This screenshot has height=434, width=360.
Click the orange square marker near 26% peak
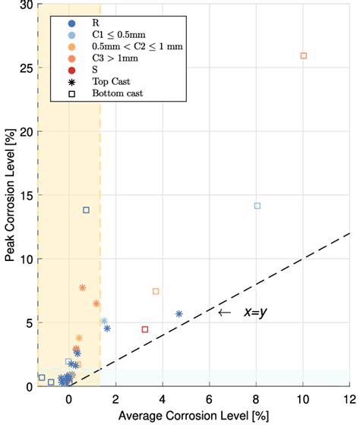click(304, 55)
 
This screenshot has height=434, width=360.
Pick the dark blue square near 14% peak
click(86, 210)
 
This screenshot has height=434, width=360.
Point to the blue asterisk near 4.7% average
click(179, 313)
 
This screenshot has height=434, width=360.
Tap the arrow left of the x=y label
click(223, 312)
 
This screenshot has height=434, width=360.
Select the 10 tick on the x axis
click(303, 398)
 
